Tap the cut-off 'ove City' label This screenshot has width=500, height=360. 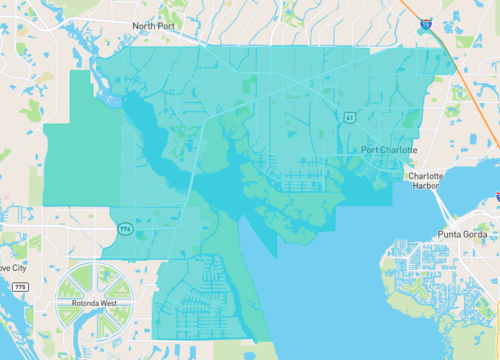coord(13,268)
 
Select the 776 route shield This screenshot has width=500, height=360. coord(125,229)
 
